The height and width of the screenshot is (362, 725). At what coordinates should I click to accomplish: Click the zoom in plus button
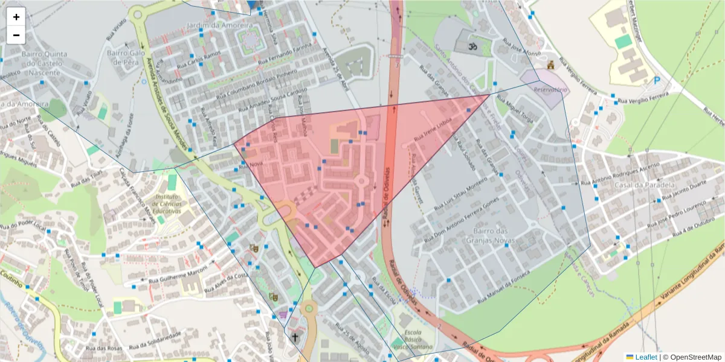pyautogui.click(x=16, y=17)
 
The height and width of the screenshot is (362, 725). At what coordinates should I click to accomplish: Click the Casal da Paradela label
pyautogui.click(x=643, y=185)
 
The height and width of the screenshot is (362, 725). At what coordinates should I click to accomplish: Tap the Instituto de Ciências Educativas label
pyautogui.click(x=168, y=204)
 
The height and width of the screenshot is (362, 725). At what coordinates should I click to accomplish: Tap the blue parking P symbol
pyautogui.click(x=657, y=80)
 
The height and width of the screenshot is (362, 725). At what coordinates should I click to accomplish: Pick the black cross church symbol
pyautogui.click(x=295, y=337)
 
